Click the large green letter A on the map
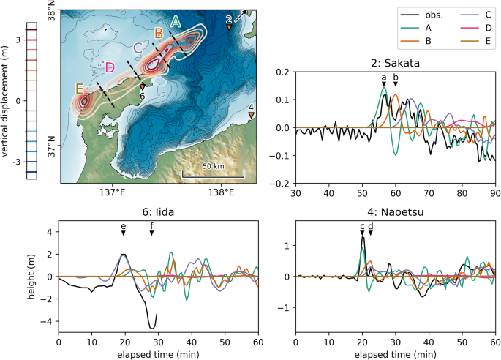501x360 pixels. click(176, 22)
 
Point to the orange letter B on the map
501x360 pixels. click(159, 33)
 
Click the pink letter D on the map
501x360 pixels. click(110, 68)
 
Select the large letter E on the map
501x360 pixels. click(80, 89)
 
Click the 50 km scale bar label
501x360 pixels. click(213, 166)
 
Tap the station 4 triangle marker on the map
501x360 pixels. click(252, 114)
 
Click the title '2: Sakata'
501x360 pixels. click(396, 61)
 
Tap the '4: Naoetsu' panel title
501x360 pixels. click(395, 213)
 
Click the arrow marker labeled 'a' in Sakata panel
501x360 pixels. click(383, 86)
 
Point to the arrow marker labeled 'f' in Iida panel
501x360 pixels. click(151, 233)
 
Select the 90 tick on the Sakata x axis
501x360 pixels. click(495, 193)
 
